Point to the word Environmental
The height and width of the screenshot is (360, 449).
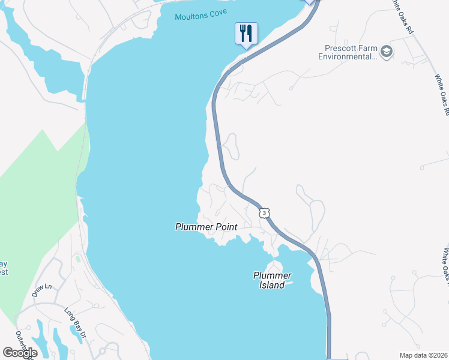347,57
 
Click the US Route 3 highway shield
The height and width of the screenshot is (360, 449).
264,212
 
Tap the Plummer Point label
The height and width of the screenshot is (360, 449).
206,227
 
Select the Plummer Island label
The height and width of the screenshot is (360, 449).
272,280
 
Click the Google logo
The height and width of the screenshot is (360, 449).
20,353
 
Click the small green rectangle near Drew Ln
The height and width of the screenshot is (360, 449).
77,259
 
